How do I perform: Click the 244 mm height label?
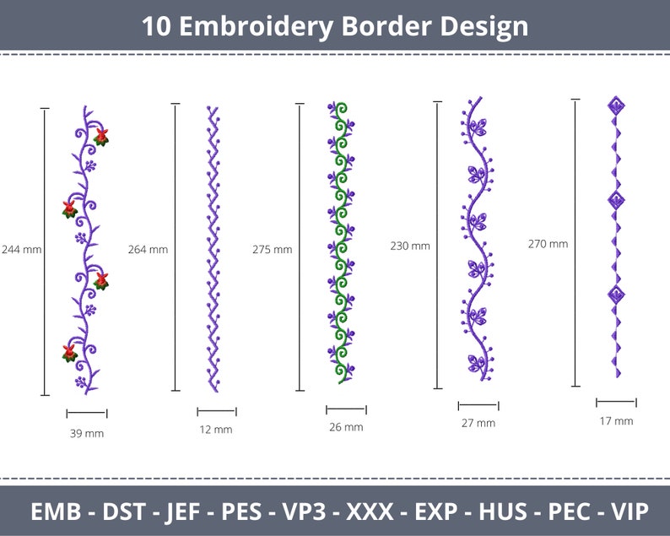[x=21, y=249]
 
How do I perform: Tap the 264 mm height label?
[x=148, y=249]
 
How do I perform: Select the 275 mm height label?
[x=272, y=249]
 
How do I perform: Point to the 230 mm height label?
[x=409, y=246]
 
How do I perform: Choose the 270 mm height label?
[x=548, y=244]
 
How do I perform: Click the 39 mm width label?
[x=86, y=433]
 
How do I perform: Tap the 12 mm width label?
[x=215, y=430]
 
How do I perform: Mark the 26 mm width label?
[x=346, y=427]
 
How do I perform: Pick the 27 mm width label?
[x=478, y=423]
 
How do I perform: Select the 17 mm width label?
[x=616, y=420]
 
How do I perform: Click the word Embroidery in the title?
[x=259, y=26]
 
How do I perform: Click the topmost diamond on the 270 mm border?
[x=617, y=106]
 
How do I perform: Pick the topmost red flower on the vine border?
[x=101, y=136]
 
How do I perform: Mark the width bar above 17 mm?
[x=616, y=403]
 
